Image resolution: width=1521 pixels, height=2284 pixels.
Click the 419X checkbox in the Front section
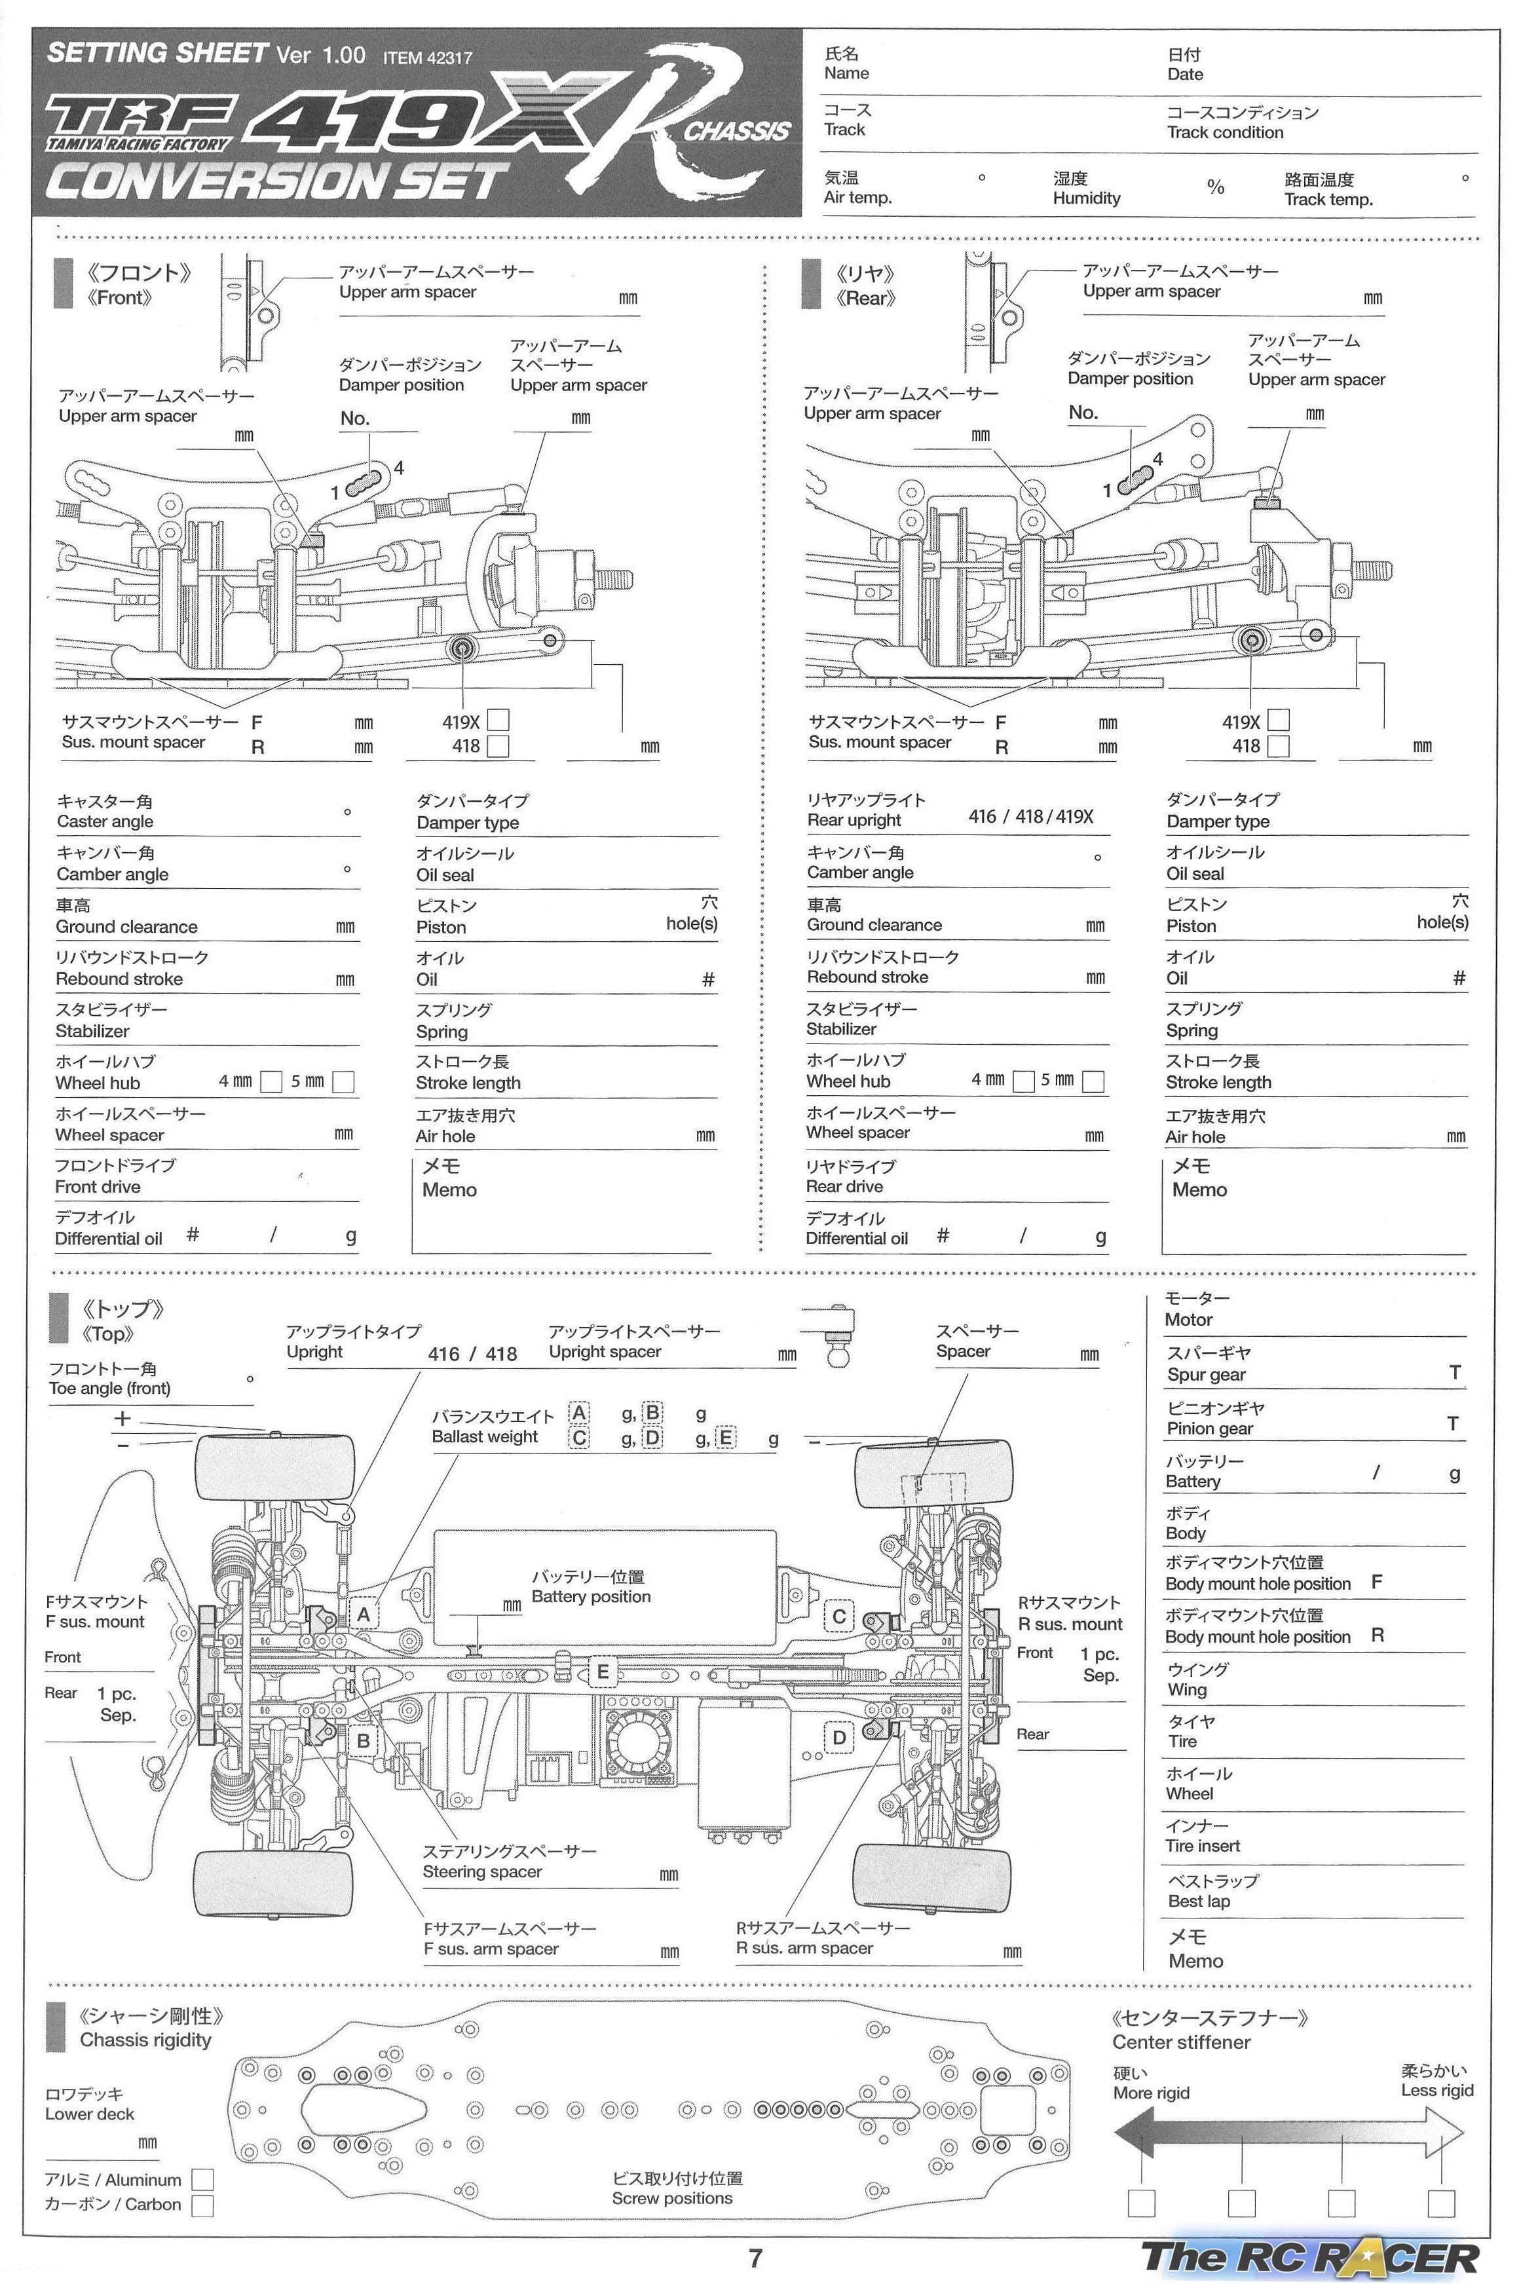pyautogui.click(x=498, y=721)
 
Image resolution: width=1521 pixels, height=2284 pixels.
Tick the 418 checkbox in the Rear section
pyautogui.click(x=1279, y=747)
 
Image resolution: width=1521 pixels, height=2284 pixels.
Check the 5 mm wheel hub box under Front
pyautogui.click(x=343, y=1081)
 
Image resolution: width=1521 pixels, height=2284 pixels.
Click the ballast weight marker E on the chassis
pyautogui.click(x=603, y=1671)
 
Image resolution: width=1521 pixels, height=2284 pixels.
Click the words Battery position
pyautogui.click(x=591, y=1596)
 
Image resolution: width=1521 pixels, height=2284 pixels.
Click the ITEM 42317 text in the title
pyautogui.click(x=427, y=57)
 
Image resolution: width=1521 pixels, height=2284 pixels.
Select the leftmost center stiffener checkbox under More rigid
pyautogui.click(x=1142, y=2203)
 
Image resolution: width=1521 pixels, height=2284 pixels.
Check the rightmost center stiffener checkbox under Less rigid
pyautogui.click(x=1440, y=2203)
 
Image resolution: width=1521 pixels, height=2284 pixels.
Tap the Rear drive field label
pyautogui.click(x=844, y=1186)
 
